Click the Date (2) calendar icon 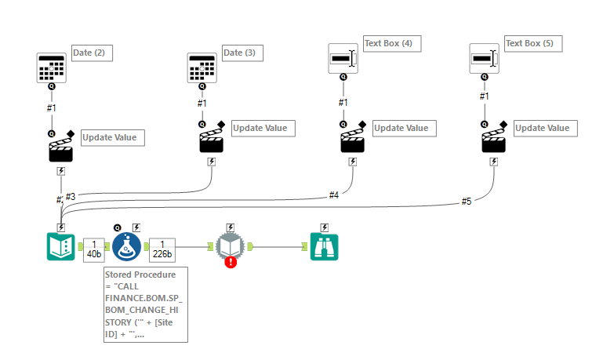52,68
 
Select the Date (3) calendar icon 202,68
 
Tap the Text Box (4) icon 343,59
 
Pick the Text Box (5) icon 484,59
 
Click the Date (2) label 93,53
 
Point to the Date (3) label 242,53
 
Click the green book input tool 61,247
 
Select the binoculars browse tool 324,247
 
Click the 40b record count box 94,247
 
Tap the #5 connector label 466,202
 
